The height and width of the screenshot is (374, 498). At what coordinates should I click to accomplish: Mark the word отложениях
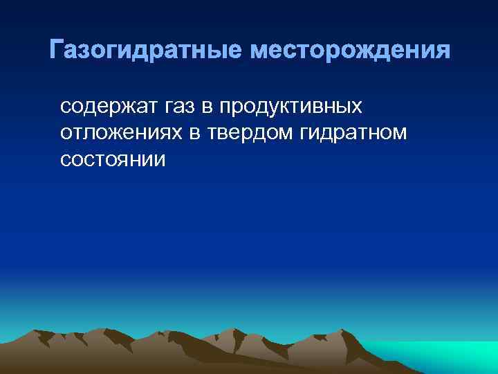click(118, 133)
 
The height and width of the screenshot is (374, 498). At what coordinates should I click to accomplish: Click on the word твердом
click(237, 133)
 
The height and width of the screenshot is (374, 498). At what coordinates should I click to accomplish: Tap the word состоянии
click(113, 159)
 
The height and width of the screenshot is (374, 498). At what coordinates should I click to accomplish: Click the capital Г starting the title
click(57, 50)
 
